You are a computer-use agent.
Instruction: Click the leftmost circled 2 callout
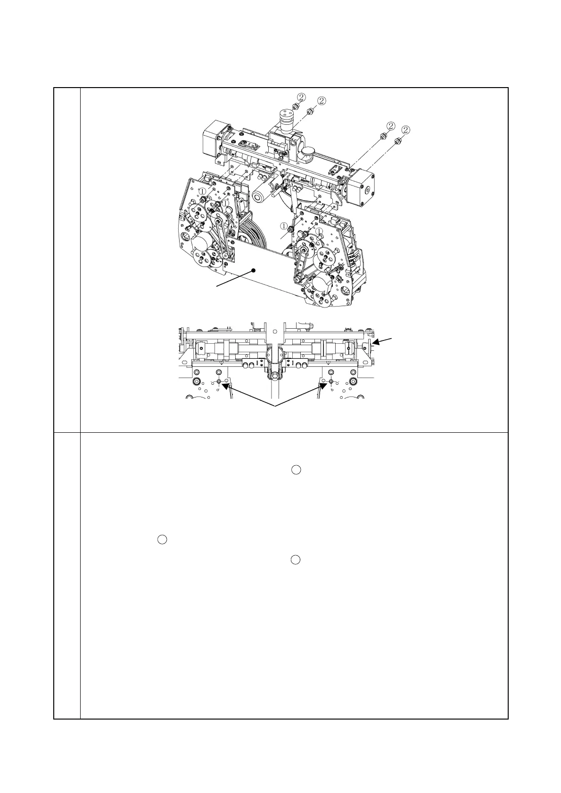(301, 97)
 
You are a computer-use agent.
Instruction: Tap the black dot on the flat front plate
(254, 270)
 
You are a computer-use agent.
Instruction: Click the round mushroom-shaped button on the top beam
(309, 151)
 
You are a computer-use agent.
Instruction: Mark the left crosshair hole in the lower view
(219, 381)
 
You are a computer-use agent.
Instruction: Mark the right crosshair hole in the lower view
(331, 381)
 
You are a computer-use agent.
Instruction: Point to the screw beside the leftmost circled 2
(296, 106)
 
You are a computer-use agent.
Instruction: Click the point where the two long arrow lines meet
(275, 406)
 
